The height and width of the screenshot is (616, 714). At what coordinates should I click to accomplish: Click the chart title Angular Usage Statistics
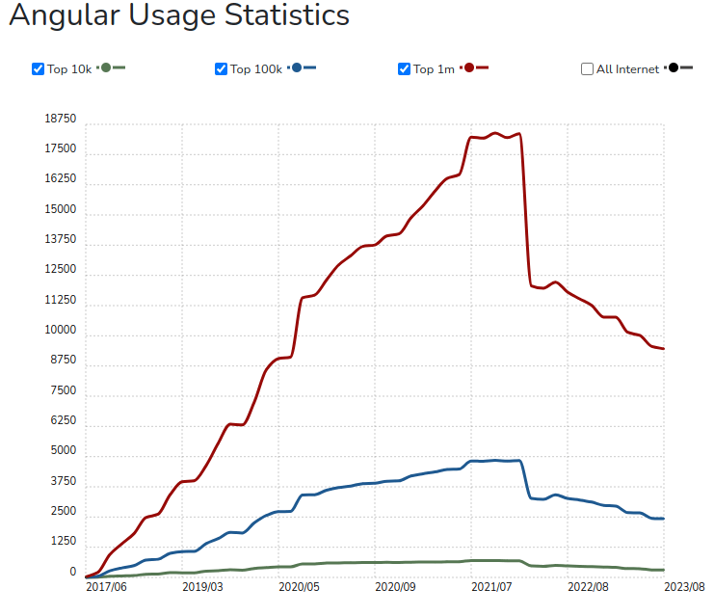click(x=179, y=16)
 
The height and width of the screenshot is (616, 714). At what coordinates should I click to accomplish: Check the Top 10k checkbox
click(x=38, y=68)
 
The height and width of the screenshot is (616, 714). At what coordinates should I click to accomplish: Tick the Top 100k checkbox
click(x=221, y=68)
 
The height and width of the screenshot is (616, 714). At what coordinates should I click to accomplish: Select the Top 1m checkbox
click(x=404, y=68)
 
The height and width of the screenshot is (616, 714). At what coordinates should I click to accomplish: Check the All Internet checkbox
click(x=587, y=68)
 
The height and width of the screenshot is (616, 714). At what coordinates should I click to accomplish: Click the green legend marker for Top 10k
click(x=106, y=67)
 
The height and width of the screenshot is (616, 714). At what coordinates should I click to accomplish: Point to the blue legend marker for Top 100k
click(x=297, y=67)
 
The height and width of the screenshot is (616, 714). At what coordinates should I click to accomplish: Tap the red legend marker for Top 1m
click(x=469, y=67)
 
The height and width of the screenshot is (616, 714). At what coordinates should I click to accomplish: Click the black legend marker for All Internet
click(x=674, y=67)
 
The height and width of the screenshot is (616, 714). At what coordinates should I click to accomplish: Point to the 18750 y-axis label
click(x=60, y=119)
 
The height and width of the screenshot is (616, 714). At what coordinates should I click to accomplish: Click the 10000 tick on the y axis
click(x=60, y=331)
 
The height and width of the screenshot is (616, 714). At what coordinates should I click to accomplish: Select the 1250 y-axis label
click(x=63, y=542)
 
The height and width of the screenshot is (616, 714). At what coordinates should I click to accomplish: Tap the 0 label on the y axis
click(x=72, y=572)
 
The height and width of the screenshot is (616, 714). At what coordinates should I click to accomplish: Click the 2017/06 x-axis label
click(x=106, y=586)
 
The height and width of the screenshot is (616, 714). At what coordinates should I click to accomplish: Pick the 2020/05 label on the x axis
click(x=299, y=586)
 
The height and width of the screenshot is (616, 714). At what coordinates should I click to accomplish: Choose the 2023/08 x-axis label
click(x=685, y=586)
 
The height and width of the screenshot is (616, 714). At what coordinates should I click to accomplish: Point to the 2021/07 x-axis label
click(x=491, y=586)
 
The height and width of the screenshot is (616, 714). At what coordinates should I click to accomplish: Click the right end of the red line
click(x=664, y=349)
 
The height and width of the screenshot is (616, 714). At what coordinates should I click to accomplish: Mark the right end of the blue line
click(x=664, y=519)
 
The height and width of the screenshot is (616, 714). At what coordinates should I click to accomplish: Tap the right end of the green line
click(x=664, y=570)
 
